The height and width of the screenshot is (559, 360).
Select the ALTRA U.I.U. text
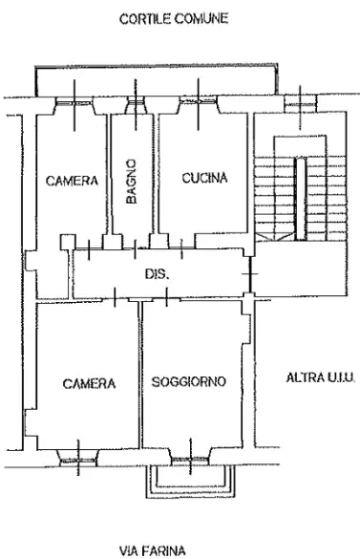point(320,378)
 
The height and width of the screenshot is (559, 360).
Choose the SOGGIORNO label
point(189,382)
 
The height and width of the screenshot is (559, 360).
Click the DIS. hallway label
point(157,274)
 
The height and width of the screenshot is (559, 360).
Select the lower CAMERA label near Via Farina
point(89,384)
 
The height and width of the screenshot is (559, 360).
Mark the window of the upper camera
point(76,104)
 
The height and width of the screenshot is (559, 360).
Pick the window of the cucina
point(198,104)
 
